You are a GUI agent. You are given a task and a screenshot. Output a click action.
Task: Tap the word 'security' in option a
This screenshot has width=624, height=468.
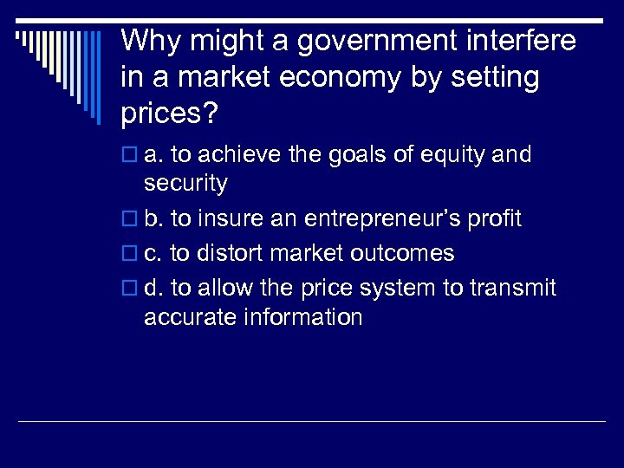click(x=185, y=184)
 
